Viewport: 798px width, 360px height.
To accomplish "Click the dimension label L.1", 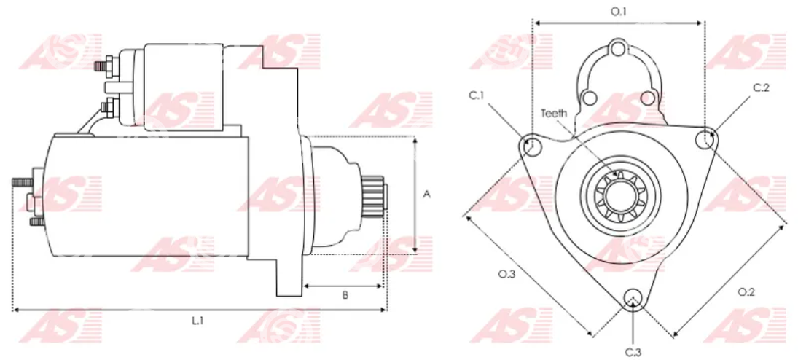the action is (x=197, y=321).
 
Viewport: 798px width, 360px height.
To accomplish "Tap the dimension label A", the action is (x=428, y=194).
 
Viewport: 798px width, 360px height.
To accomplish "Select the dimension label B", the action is (x=345, y=295).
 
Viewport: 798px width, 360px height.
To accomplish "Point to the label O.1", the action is (x=618, y=12).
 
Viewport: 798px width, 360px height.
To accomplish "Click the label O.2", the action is (x=746, y=291).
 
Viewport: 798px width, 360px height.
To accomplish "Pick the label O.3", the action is (x=507, y=275).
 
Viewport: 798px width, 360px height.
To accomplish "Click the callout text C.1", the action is (x=477, y=95).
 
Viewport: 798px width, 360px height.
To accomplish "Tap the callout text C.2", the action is (x=762, y=87).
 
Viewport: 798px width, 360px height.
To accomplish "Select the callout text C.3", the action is (x=633, y=352).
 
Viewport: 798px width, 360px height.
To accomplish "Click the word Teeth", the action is (x=554, y=113).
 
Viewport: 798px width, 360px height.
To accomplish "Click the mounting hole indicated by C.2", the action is (x=705, y=139).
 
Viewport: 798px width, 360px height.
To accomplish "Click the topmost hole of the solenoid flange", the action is (x=617, y=50).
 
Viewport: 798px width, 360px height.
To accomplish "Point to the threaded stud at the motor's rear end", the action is (x=23, y=181).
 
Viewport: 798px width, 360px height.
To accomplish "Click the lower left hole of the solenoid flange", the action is (x=588, y=97).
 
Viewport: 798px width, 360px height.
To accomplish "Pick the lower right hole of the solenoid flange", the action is (x=647, y=97).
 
